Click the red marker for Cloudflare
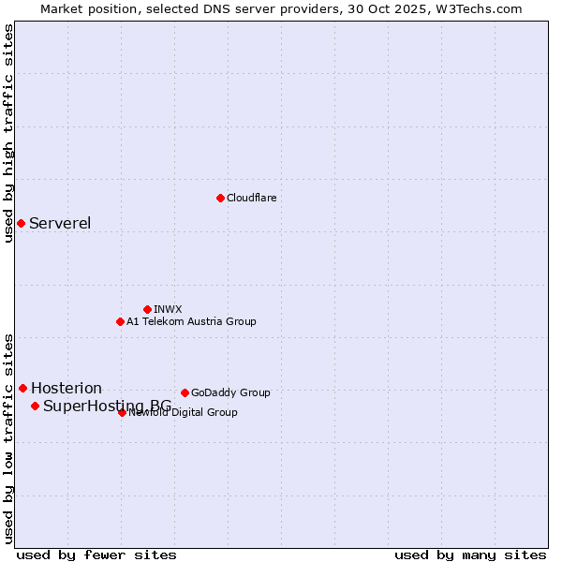[220, 198]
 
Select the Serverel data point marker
[21, 223]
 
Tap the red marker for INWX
[147, 309]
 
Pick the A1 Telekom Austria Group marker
[120, 321]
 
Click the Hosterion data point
[22, 388]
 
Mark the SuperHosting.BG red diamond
[35, 406]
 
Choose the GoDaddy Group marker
[185, 392]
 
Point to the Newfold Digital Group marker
[122, 412]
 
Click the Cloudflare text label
[251, 198]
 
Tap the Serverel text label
[60, 223]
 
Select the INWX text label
[168, 309]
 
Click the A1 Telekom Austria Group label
[191, 321]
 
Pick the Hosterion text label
[67, 388]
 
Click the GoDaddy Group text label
[230, 392]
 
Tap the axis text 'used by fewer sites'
[96, 555]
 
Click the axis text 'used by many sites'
[470, 555]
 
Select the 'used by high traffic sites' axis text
[9, 133]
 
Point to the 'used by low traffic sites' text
[9, 438]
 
